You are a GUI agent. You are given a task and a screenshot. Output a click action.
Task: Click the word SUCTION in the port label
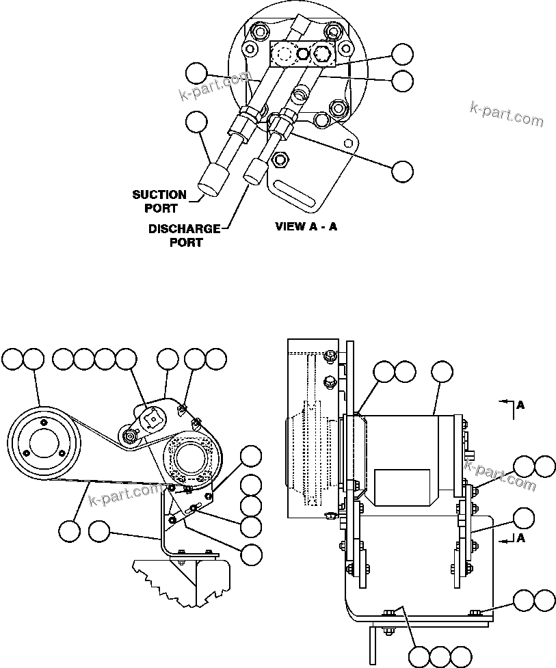159,195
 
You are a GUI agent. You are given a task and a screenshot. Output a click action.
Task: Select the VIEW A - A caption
306,226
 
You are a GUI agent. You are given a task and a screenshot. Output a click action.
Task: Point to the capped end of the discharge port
253,170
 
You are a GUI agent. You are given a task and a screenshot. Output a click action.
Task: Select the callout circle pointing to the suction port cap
196,122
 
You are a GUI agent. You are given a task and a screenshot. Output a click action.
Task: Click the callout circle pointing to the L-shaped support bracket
100,531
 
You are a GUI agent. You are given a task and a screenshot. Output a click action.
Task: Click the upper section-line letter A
520,405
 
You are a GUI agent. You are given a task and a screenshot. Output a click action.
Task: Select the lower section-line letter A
520,538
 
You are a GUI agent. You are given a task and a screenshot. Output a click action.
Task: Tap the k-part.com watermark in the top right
507,114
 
